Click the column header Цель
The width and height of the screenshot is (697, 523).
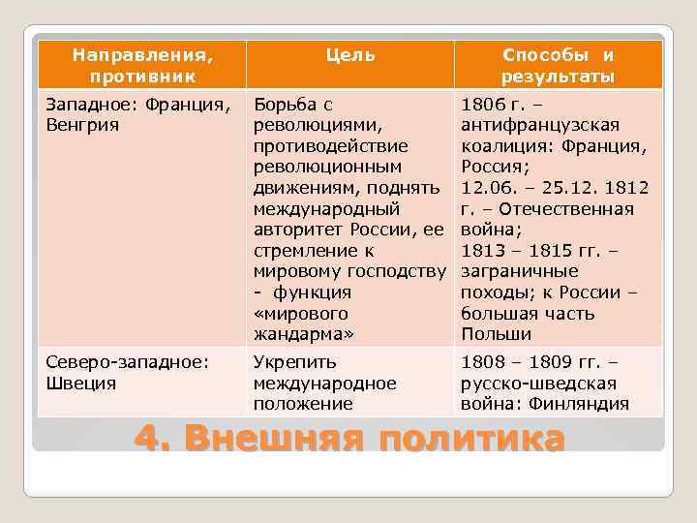(x=350, y=55)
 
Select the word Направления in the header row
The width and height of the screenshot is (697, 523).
(x=140, y=55)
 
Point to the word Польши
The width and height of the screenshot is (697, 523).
(x=497, y=335)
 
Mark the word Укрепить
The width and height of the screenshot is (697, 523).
(x=294, y=362)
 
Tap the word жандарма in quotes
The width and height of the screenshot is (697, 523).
(x=303, y=335)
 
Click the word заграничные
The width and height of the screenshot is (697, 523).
(x=520, y=272)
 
